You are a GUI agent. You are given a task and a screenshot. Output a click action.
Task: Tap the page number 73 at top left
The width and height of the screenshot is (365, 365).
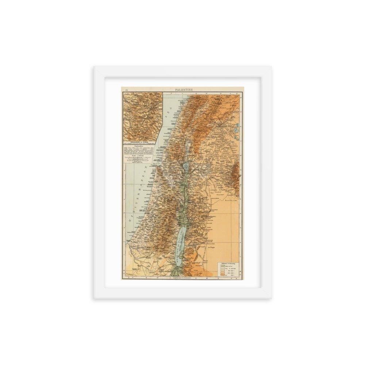tap(126, 90)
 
